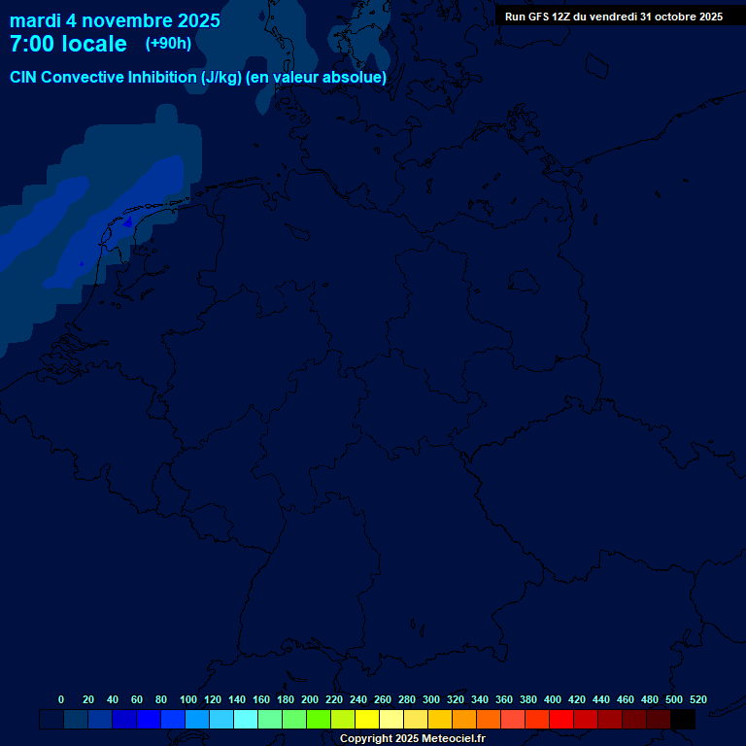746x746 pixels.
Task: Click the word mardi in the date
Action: tap(35, 20)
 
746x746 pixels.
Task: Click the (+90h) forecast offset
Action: tap(167, 44)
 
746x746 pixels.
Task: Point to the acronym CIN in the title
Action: tap(24, 78)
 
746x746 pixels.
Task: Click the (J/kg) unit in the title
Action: tap(221, 78)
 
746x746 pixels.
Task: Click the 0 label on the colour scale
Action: tap(61, 699)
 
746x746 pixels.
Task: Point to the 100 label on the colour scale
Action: tap(188, 699)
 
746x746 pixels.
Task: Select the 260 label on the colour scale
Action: tap(383, 699)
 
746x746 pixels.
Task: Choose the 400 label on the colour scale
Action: tap(553, 699)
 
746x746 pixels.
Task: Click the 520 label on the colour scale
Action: tap(698, 699)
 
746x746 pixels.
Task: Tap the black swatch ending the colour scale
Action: tap(683, 720)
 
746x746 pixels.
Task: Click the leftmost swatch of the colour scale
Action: tap(51, 720)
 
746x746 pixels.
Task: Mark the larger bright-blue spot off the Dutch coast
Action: tap(127, 222)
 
